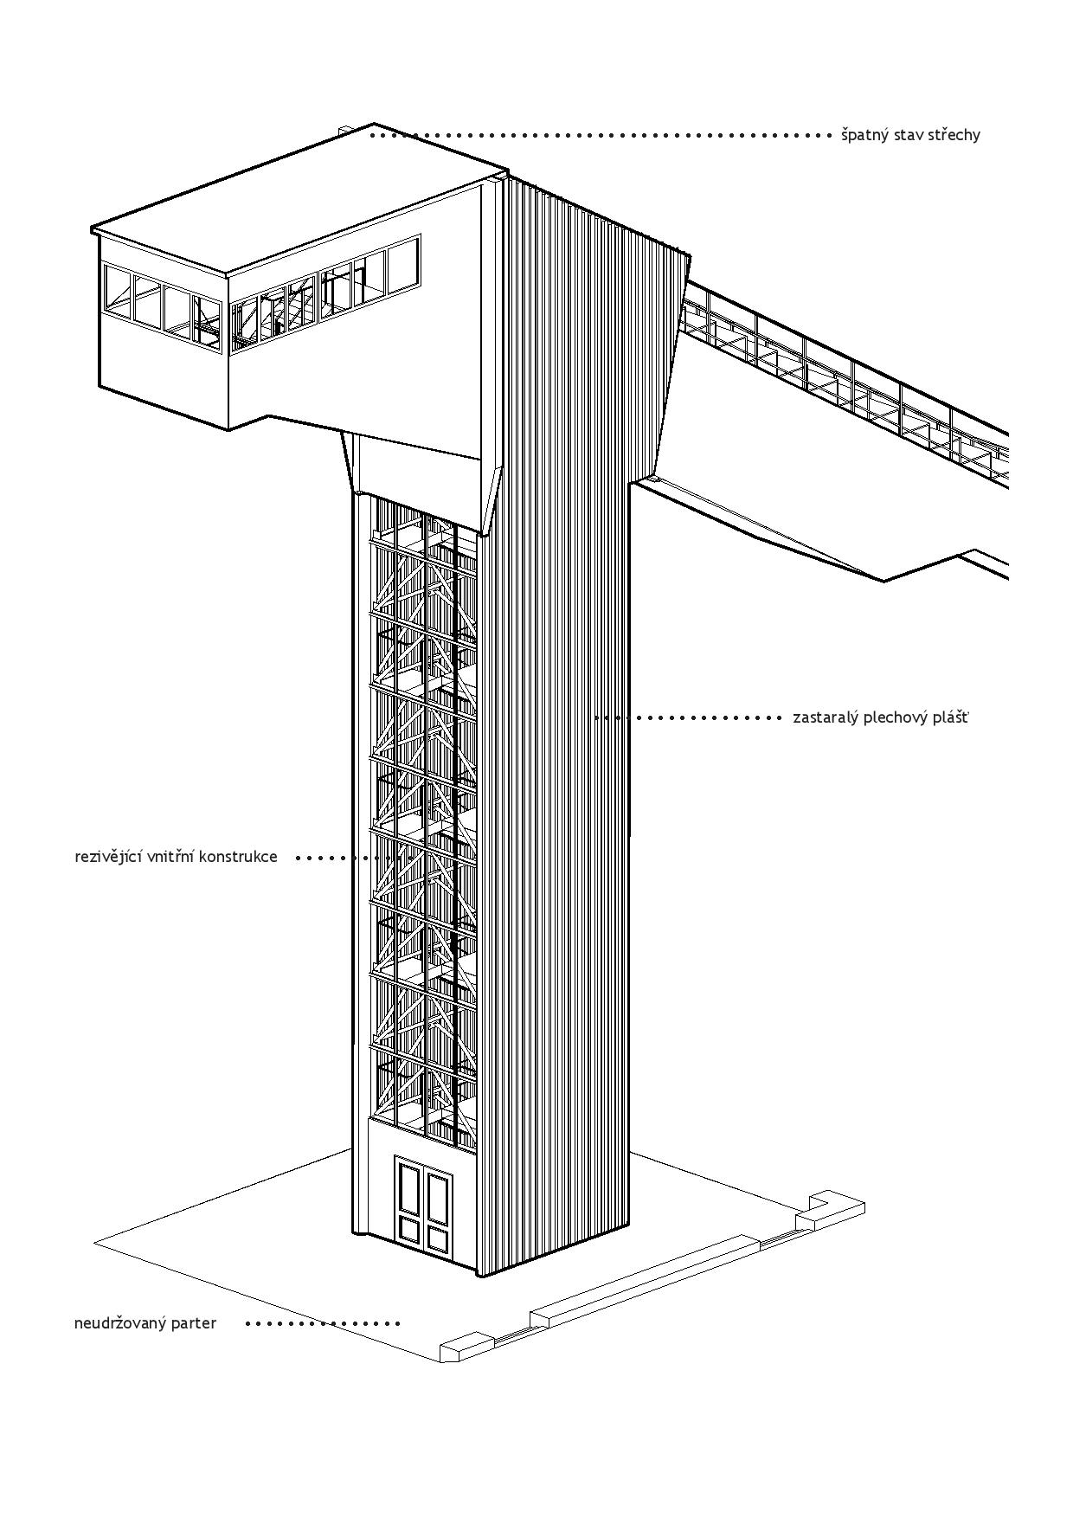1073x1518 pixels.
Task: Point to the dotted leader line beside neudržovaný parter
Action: click(323, 1323)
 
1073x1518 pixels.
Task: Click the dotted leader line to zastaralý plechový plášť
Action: click(688, 717)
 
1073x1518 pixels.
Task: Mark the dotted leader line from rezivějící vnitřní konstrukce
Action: click(332, 858)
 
